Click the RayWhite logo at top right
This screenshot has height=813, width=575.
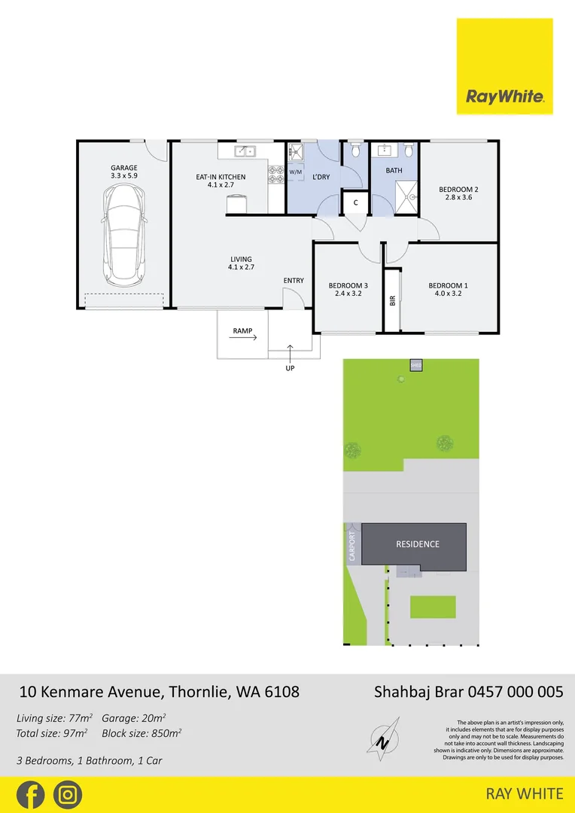504,66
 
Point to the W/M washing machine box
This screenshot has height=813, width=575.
295,172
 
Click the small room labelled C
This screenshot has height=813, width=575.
355,202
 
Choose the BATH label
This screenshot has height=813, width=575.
394,171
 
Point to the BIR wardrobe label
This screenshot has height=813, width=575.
392,300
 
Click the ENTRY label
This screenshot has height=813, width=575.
294,281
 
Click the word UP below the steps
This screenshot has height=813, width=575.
290,368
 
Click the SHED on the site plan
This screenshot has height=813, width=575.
416,366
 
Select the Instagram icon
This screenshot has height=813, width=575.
68,795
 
